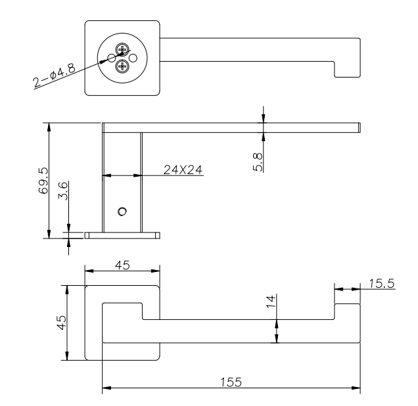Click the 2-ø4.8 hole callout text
[55, 76]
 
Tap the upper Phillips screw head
[122, 49]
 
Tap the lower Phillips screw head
[122, 66]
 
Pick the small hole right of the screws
[133, 58]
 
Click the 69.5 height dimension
[43, 181]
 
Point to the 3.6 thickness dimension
[63, 191]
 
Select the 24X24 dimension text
[183, 169]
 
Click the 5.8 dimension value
[258, 162]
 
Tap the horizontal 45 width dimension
[122, 265]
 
